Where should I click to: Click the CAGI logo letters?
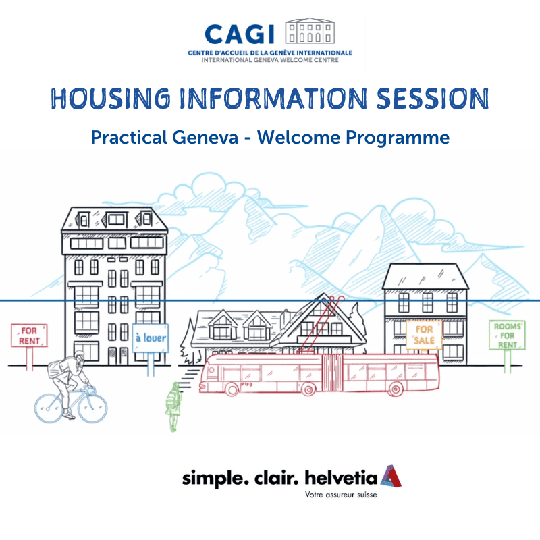(x=240, y=34)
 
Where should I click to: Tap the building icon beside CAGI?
(x=310, y=30)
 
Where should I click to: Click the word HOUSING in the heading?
(x=111, y=99)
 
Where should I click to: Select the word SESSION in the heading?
(x=433, y=99)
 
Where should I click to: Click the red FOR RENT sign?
(x=29, y=335)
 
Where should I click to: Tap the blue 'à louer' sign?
(x=151, y=338)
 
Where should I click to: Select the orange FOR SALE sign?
(x=424, y=335)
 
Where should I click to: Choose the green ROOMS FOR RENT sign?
(x=508, y=335)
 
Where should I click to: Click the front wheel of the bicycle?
(x=92, y=408)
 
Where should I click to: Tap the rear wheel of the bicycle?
(x=49, y=408)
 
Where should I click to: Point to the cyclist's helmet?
(x=79, y=355)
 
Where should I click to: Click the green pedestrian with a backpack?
(x=173, y=407)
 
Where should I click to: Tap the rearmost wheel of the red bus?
(x=396, y=389)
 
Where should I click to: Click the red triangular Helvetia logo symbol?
(x=391, y=477)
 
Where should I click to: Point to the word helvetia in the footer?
(x=342, y=478)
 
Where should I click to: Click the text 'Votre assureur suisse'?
(x=341, y=495)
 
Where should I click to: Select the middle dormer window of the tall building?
(x=116, y=220)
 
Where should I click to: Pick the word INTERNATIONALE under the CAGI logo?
(x=324, y=53)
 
